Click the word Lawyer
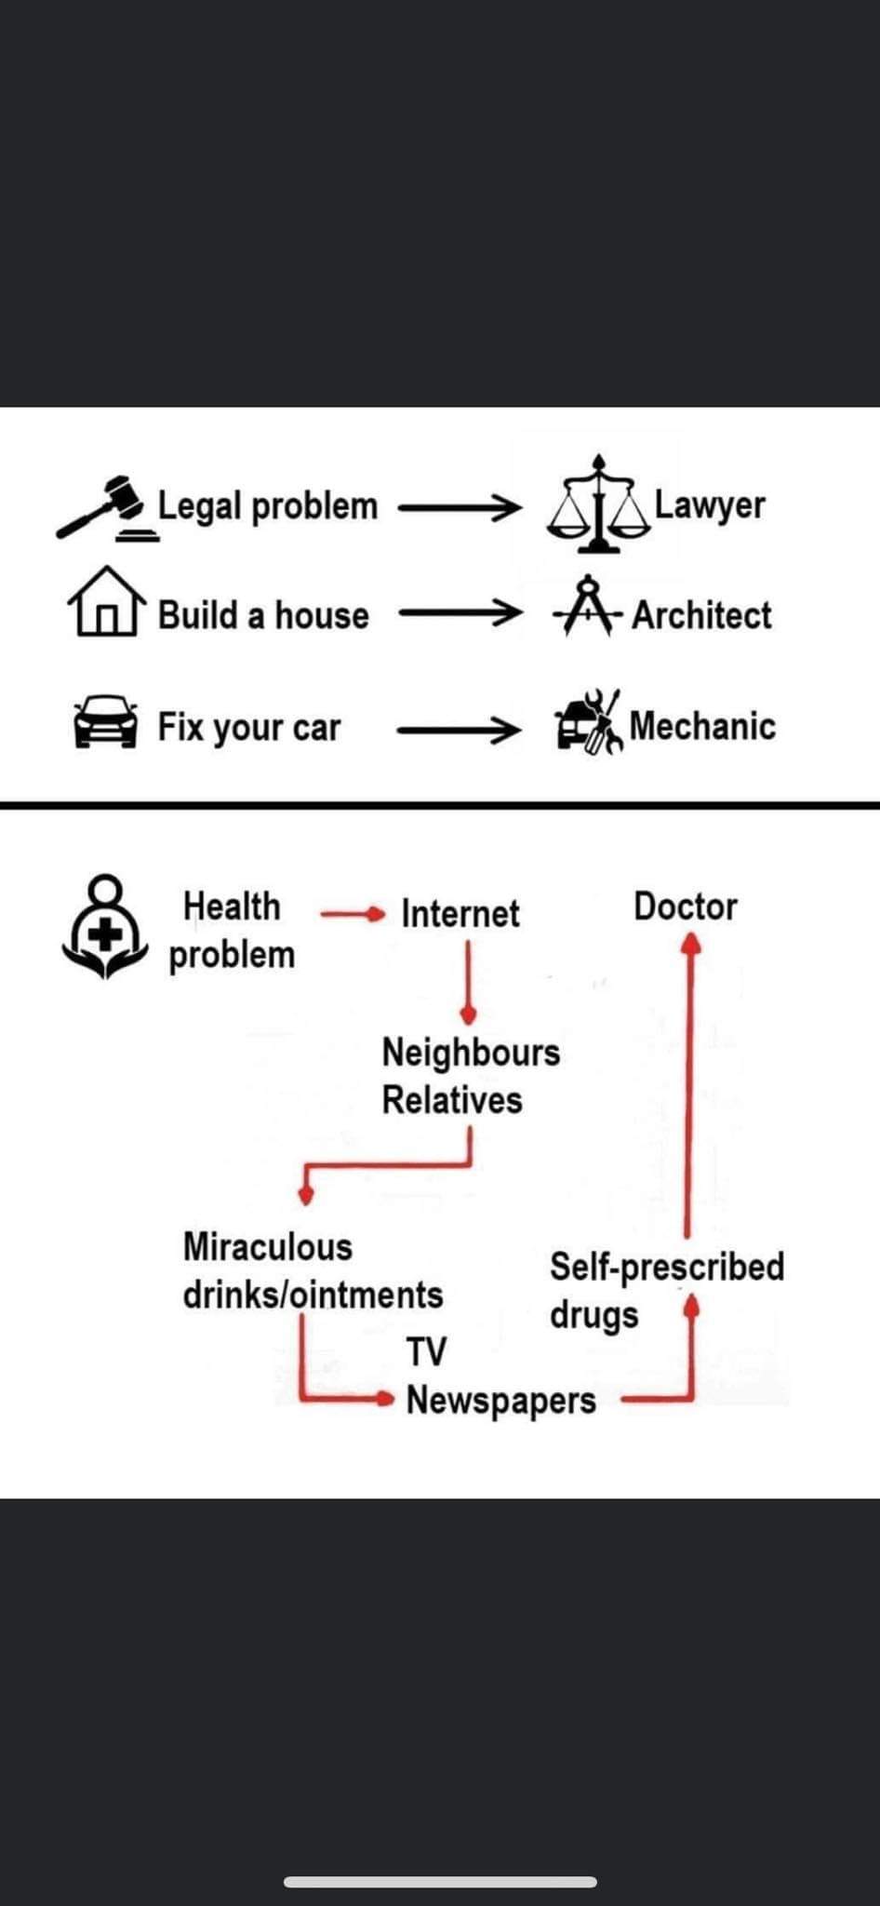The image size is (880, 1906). click(710, 504)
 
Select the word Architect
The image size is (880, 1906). click(701, 615)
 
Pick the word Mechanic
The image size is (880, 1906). click(702, 726)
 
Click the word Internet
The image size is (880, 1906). click(460, 913)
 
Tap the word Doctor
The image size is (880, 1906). click(686, 906)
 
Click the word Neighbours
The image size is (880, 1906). click(471, 1053)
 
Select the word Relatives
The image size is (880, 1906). click(452, 1100)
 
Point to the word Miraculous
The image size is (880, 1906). click(268, 1247)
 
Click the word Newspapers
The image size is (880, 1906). click(501, 1400)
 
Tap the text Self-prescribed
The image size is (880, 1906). click(667, 1267)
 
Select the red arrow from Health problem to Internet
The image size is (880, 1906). click(352, 914)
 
